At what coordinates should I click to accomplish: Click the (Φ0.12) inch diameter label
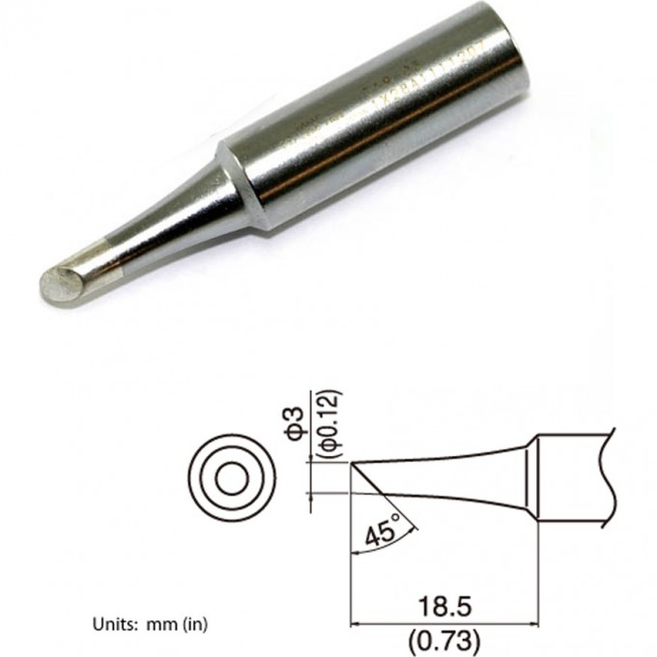click(x=325, y=425)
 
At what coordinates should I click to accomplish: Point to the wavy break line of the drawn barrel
click(x=607, y=478)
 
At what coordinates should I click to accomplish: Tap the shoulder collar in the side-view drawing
click(x=529, y=479)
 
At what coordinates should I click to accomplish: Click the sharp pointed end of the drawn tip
click(x=352, y=464)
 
